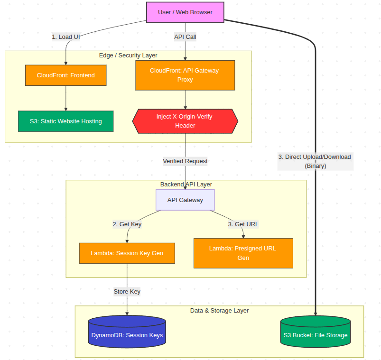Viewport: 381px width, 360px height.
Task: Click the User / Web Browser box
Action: point(185,12)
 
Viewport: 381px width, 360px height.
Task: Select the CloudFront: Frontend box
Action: point(65,75)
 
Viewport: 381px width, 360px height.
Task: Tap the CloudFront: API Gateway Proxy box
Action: point(185,75)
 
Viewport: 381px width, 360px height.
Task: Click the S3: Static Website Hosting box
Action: point(65,121)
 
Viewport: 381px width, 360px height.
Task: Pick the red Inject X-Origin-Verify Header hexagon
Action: point(185,121)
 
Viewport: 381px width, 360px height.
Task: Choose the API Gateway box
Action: point(185,200)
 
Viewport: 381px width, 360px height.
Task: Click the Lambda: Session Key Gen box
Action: point(127,253)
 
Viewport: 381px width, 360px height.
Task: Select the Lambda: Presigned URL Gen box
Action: point(243,253)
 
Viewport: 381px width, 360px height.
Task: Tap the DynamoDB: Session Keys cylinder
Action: point(127,334)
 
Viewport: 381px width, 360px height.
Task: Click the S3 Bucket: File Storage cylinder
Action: point(316,334)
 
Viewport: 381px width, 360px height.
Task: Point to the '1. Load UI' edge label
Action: point(65,37)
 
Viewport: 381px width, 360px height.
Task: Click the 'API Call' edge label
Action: point(185,37)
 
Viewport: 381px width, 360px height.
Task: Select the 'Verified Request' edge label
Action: point(185,161)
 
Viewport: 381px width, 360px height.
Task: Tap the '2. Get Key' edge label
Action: point(127,224)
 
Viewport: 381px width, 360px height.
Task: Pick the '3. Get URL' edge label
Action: point(243,224)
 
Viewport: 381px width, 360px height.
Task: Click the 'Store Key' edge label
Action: point(127,292)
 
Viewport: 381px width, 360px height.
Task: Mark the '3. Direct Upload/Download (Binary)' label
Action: point(315,161)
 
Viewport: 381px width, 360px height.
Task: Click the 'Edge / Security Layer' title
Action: point(128,55)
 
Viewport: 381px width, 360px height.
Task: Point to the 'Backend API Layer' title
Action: point(186,185)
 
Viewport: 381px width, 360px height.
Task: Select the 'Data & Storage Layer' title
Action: point(219,311)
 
